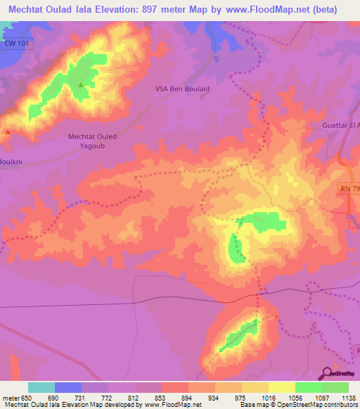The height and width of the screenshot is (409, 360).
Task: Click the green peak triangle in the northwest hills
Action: [81, 86]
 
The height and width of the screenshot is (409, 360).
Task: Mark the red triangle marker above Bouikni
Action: [7, 131]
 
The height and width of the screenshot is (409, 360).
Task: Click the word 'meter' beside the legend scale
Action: [10, 397]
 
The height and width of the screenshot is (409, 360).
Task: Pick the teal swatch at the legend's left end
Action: [41, 387]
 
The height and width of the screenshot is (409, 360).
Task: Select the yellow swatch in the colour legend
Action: [281, 387]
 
